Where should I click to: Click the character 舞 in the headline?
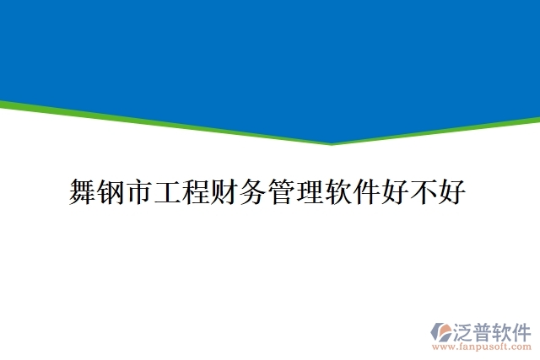click(x=82, y=192)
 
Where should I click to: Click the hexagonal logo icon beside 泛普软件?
click(x=441, y=331)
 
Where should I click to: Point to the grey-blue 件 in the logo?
click(x=523, y=330)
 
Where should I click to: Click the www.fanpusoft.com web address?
click(x=482, y=346)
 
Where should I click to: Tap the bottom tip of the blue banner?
click(x=332, y=141)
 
